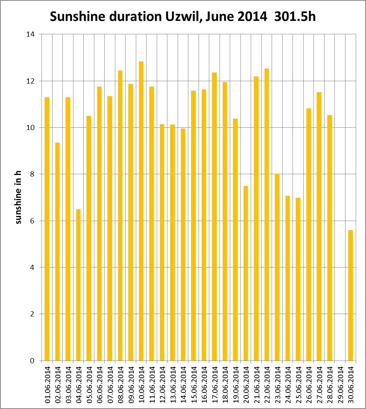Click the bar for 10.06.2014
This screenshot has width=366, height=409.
tap(141, 211)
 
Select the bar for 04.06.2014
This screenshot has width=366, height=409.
tap(79, 285)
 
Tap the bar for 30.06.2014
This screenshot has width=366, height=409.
tap(351, 295)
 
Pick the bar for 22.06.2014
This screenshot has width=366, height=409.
tap(267, 215)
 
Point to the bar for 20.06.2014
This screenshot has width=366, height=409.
tap(246, 273)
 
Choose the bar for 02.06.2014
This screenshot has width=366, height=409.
tap(58, 252)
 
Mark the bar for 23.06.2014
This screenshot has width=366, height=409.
tap(277, 268)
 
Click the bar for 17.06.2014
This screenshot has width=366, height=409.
tap(214, 216)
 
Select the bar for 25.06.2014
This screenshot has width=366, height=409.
tap(298, 279)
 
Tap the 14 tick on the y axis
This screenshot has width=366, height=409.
tap(30, 34)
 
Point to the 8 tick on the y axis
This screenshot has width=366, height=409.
tap(32, 174)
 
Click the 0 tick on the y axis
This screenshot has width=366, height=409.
tap(32, 361)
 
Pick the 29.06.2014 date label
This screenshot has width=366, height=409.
tap(340, 385)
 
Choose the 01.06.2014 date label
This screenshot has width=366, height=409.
tap(47, 385)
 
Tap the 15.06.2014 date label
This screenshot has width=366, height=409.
tap(194, 385)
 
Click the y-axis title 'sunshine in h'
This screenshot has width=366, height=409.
tap(18, 197)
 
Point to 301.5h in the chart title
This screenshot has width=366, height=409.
tap(295, 17)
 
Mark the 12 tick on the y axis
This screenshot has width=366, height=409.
tap(30, 81)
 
